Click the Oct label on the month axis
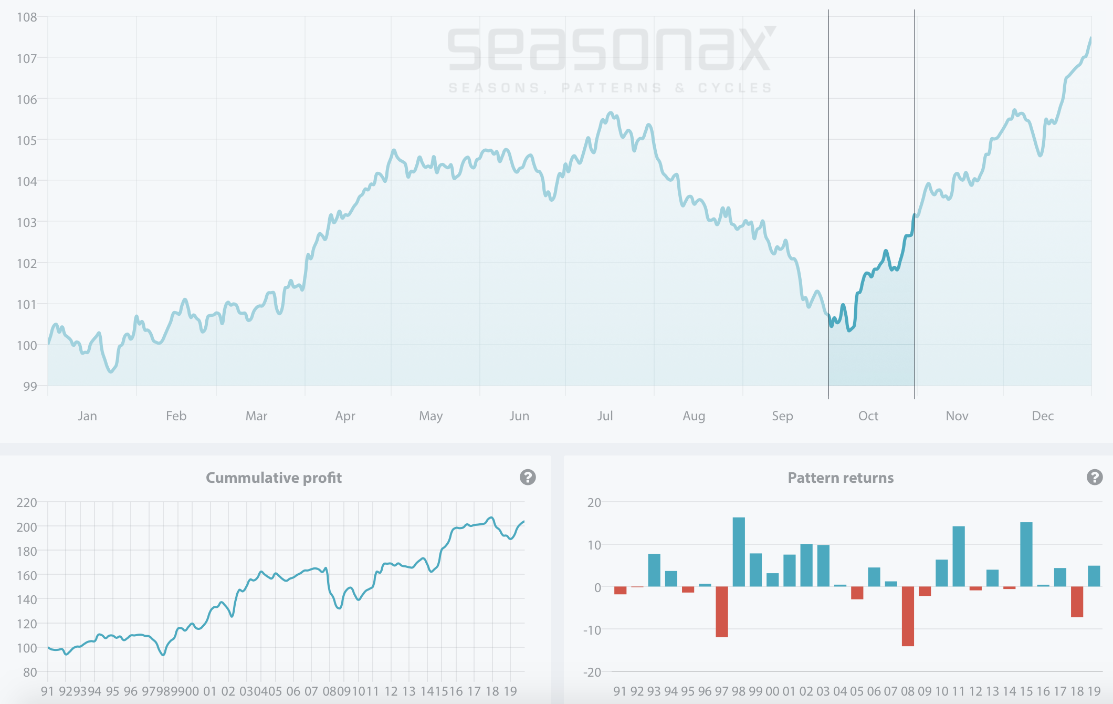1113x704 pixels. click(868, 416)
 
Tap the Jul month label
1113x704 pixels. click(605, 416)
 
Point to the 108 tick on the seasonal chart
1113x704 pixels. click(27, 17)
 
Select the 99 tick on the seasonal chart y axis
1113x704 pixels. click(30, 386)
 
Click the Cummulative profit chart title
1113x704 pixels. click(274, 478)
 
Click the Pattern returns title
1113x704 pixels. click(841, 478)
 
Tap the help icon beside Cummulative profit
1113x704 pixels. click(528, 477)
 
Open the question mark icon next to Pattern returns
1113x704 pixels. click(1095, 477)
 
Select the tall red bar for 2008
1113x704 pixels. click(908, 616)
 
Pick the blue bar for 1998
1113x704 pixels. click(739, 552)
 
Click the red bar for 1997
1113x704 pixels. click(722, 612)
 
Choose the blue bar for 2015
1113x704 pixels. click(1026, 554)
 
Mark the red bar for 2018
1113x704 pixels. click(1077, 602)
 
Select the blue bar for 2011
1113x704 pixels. click(959, 556)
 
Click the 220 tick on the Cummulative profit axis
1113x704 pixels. click(27, 503)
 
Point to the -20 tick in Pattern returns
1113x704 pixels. click(592, 672)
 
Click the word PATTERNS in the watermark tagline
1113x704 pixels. click(612, 88)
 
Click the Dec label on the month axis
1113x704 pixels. click(1043, 416)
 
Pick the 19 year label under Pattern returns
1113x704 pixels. click(1094, 691)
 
